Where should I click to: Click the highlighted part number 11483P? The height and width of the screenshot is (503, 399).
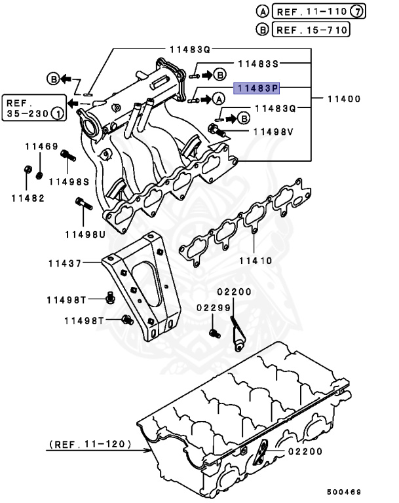[x=256, y=86]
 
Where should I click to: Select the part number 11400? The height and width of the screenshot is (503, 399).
[x=345, y=99]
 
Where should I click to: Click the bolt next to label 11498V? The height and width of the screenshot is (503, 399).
[x=216, y=130]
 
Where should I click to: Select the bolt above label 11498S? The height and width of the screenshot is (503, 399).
[x=66, y=156]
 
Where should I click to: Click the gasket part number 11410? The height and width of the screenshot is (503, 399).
[x=255, y=260]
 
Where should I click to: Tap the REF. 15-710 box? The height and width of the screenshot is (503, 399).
[x=311, y=29]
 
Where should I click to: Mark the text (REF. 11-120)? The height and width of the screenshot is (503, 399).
[x=90, y=445]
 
